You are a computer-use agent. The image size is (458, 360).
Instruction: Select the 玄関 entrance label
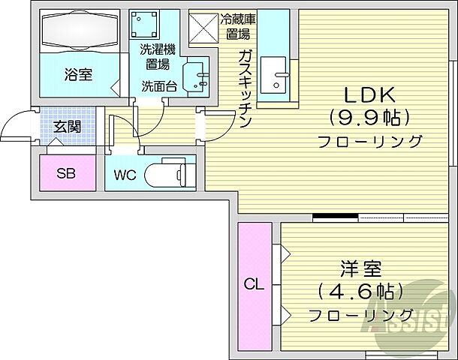(67, 126)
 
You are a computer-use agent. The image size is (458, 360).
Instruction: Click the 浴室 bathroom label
(78, 75)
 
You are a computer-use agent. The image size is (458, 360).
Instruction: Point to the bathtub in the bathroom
(79, 33)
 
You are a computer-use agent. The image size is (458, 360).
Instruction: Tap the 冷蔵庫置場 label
(237, 26)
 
